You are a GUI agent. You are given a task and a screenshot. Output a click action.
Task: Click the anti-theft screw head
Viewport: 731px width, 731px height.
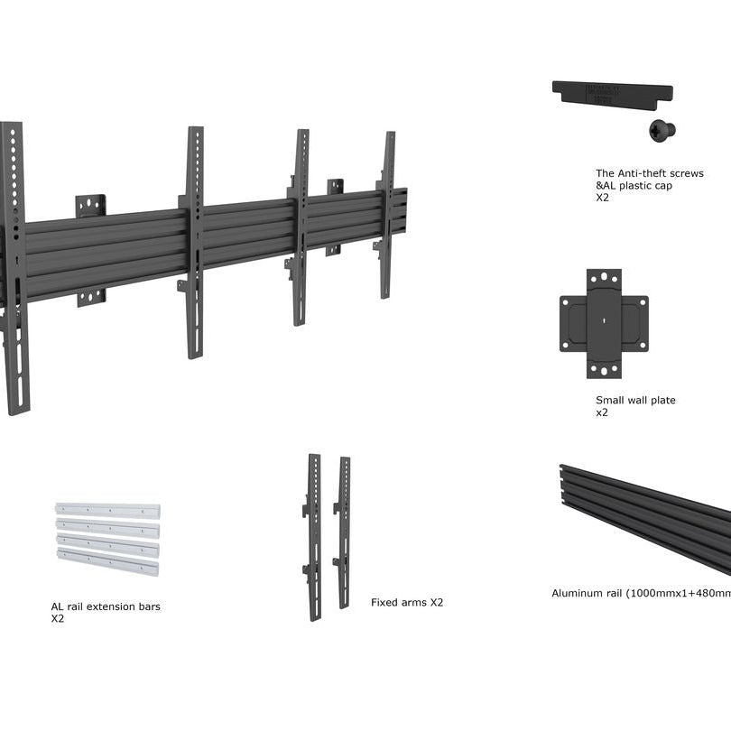coord(662,130)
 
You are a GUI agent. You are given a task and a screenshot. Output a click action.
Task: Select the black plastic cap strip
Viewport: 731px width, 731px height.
coord(612,93)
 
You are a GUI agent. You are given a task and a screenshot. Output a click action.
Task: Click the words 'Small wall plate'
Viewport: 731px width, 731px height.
coord(635,400)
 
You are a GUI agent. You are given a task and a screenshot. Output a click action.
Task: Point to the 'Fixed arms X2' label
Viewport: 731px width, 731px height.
coord(407,602)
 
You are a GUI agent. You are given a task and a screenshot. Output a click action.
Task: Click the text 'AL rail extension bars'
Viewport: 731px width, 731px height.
coord(106,606)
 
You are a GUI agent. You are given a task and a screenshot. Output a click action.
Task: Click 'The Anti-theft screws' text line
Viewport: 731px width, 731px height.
coord(649,173)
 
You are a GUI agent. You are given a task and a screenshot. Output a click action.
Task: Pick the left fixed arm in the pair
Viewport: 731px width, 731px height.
coord(314,536)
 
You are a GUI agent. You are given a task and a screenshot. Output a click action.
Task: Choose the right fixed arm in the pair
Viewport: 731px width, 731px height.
coord(344,532)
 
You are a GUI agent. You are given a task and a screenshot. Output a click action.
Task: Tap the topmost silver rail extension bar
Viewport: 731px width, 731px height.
coord(107,510)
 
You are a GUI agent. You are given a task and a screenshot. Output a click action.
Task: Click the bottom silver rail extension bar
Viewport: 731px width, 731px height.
coord(107,565)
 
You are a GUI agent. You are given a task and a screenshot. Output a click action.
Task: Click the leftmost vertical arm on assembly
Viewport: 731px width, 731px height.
coord(13,271)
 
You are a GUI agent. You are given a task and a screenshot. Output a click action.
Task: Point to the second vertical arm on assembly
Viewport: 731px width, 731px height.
coord(195,242)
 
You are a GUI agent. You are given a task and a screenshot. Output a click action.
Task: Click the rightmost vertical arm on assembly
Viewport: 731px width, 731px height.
coord(387,215)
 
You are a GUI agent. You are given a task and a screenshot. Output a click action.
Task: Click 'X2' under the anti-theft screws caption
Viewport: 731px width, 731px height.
coord(602,198)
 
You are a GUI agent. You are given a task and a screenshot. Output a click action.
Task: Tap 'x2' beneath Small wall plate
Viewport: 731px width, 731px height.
coord(602,412)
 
